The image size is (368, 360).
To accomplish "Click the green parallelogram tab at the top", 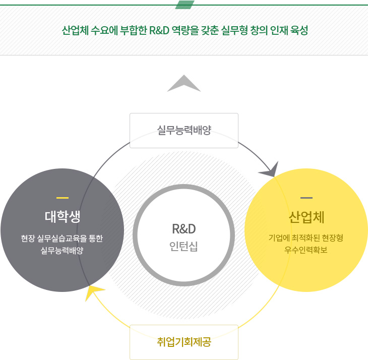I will click(185, 5).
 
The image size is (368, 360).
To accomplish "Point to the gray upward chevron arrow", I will click(184, 83).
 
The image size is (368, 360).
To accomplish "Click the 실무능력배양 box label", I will click(183, 131).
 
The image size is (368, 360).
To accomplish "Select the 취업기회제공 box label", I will click(183, 342).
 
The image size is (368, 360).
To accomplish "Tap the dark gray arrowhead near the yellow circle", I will click(270, 170).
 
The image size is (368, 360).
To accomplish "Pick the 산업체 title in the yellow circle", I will click(306, 217).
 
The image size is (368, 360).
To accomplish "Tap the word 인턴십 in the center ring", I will click(183, 247).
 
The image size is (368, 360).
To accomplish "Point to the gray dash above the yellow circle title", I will click(306, 197).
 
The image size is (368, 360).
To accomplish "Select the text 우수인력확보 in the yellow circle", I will click(306, 249).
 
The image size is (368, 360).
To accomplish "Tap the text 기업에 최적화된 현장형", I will click(306, 237).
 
